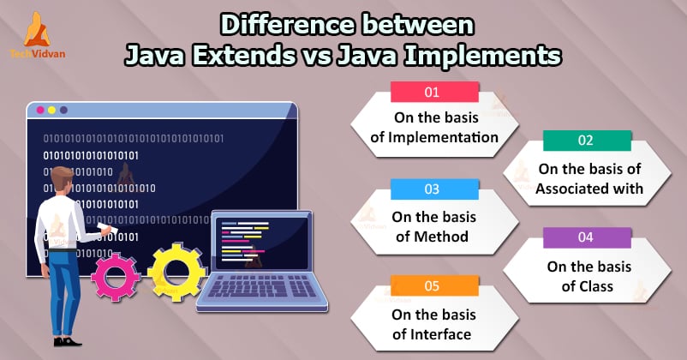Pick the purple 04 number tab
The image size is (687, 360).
(x=587, y=237)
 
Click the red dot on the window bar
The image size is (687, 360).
(x=38, y=111)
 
